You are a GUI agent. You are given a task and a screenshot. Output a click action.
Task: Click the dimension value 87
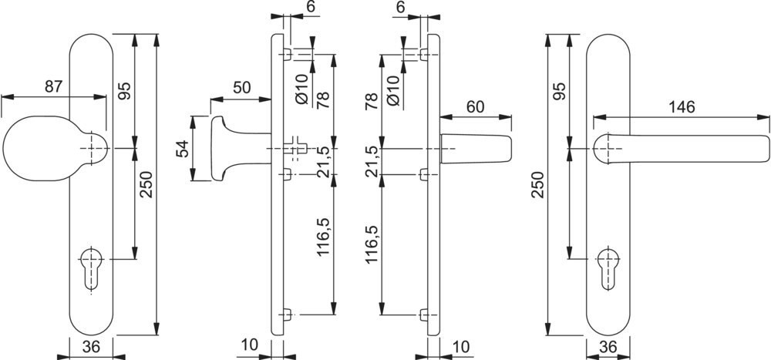[52, 86]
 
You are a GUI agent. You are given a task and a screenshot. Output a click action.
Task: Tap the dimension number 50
[241, 88]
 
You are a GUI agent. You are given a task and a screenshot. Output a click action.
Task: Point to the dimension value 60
[475, 106]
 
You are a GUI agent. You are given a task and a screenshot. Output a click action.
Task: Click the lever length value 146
[679, 106]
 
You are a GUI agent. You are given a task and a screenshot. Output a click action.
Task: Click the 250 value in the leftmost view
[145, 183]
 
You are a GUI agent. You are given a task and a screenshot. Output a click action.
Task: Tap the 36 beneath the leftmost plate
[91, 348]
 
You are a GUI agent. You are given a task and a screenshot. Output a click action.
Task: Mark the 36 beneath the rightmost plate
[608, 348]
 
